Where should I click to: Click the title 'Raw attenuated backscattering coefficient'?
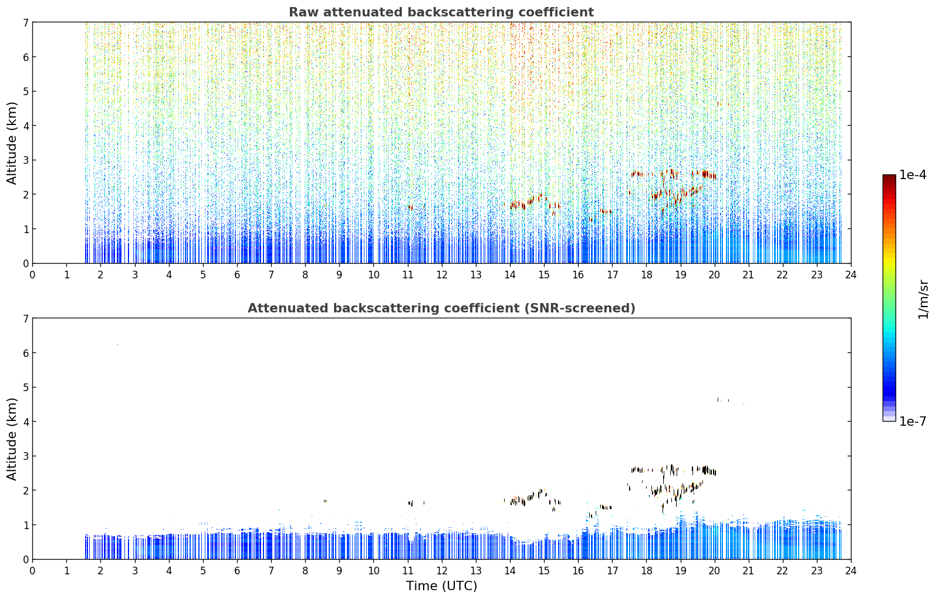pos(441,12)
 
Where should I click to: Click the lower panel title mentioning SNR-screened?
pos(441,308)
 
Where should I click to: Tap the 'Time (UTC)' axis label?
pos(441,585)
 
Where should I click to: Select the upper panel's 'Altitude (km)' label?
pos(12,143)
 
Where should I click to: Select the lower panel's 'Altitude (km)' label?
pos(12,439)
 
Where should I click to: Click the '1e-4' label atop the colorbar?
pos(913,175)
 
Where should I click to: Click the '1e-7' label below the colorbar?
pos(913,421)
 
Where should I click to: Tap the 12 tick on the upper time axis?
pos(442,275)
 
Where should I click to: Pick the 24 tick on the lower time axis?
pos(851,571)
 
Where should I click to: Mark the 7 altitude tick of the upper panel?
pos(25,22)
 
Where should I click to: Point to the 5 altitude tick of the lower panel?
pos(25,388)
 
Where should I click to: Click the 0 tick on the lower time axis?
pos(33,571)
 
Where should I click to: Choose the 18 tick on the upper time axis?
pos(647,275)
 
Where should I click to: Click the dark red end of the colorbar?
pos(889,178)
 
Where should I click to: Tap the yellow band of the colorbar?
pos(889,260)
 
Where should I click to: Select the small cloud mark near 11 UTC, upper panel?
pos(410,207)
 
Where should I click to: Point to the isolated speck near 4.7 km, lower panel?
pos(718,399)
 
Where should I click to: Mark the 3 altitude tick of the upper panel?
pos(25,160)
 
